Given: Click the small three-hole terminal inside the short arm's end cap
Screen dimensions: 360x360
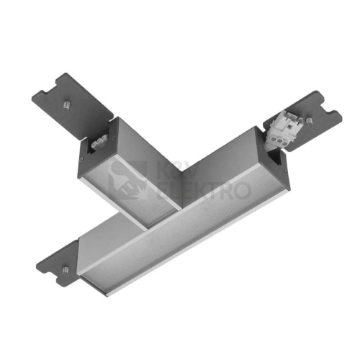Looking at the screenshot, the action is pyautogui.click(x=97, y=145).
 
